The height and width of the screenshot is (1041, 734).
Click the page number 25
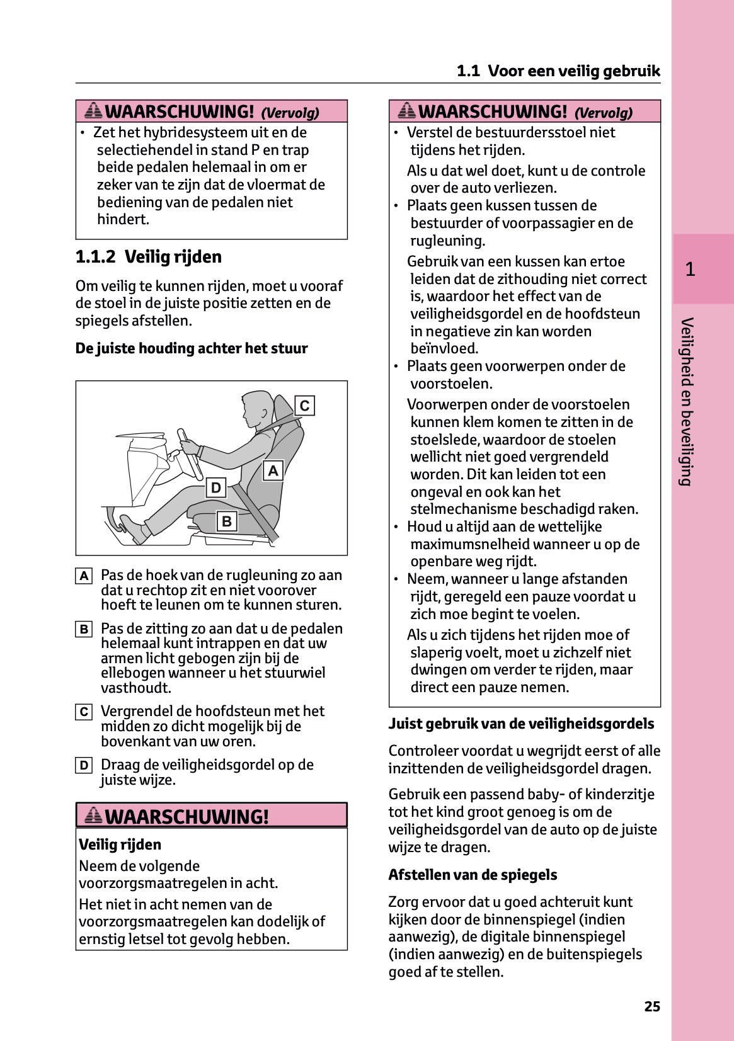tap(652, 1006)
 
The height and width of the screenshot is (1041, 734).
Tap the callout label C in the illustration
tap(304, 406)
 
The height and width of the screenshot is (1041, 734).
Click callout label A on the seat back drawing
tap(273, 470)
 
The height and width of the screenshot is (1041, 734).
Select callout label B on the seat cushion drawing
tap(227, 521)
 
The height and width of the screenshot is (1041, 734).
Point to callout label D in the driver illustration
tap(216, 487)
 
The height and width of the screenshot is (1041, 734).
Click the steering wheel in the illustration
tap(190, 453)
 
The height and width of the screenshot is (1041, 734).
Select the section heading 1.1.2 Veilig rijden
tap(149, 257)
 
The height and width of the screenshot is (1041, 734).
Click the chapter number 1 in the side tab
tap(691, 270)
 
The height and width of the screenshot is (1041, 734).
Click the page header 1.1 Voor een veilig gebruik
tap(558, 71)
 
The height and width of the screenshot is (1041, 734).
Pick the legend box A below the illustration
tap(84, 576)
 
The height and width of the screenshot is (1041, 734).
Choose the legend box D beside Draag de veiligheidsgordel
tap(84, 766)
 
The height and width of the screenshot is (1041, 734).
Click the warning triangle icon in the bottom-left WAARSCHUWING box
tap(93, 816)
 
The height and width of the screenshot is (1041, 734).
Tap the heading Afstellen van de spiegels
tap(473, 875)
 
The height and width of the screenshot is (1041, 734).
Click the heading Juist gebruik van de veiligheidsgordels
tap(521, 724)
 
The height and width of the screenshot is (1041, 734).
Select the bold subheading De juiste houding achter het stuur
tap(192, 348)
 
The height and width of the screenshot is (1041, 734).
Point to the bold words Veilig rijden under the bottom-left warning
tap(120, 845)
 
